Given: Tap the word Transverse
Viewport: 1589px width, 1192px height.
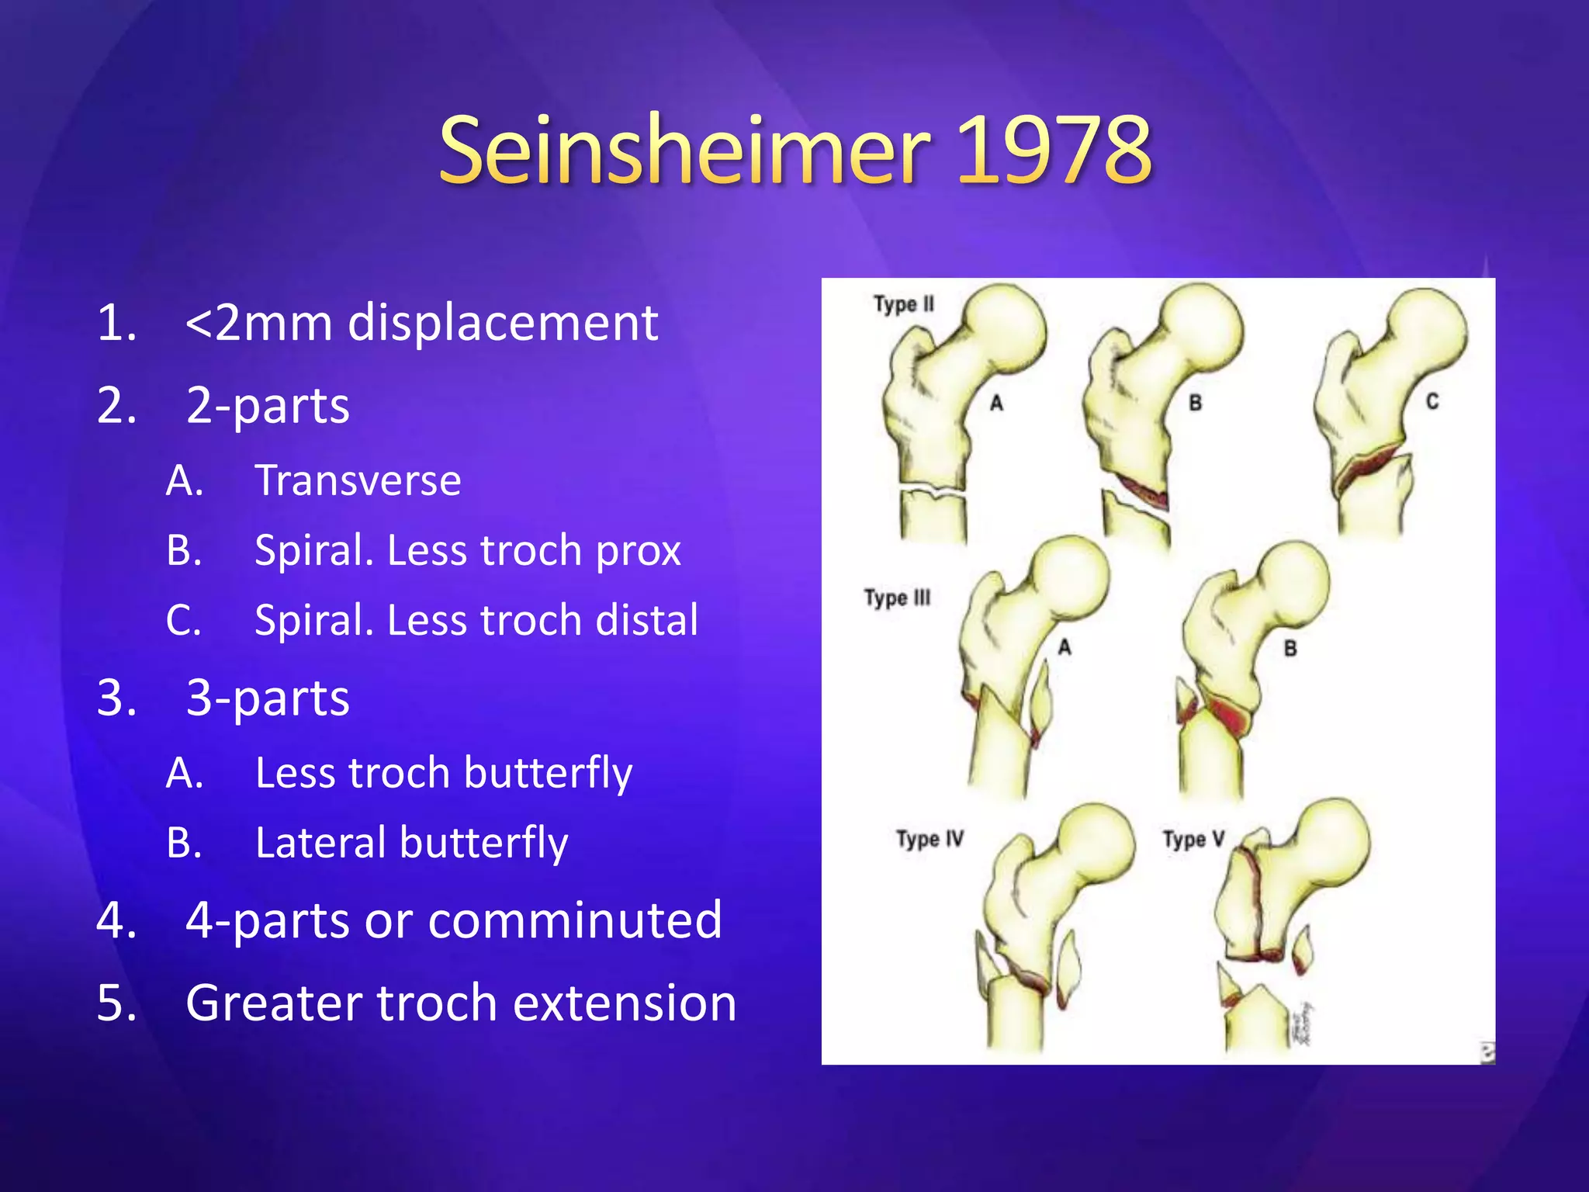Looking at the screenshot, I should coord(358,480).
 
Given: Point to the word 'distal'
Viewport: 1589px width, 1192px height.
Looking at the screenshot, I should coord(646,621).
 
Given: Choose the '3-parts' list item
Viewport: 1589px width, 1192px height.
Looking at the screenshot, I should coord(268,698).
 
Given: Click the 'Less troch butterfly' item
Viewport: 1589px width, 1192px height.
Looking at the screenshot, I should coord(443,774).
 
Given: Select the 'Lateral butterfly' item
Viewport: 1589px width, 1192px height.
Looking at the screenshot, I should coord(411,844).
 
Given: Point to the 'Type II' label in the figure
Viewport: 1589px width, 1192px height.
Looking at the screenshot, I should coord(904,303).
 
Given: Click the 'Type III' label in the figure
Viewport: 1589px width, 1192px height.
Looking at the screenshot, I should coord(897,598).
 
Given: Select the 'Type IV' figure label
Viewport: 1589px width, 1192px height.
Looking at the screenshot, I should coord(930,839).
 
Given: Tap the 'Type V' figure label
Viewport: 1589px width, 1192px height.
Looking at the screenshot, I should coord(1193,839).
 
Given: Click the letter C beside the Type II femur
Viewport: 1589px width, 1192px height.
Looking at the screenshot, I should coord(1432,401).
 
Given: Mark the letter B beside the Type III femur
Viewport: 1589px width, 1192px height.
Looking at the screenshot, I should coord(1290,648).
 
